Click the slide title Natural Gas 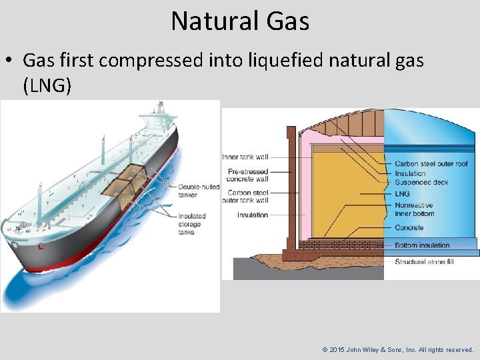tap(240, 21)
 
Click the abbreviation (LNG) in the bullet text tap(47, 85)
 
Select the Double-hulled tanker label tap(199, 191)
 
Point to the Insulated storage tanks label tap(192, 224)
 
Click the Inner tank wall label tap(245, 157)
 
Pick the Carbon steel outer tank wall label tap(248, 196)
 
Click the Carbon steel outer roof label tap(431, 164)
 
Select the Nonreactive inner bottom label tap(414, 209)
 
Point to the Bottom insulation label tap(423, 245)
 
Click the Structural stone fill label tap(424, 262)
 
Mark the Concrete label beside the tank tap(409, 228)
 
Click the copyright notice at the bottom tap(398, 349)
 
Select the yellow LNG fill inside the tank tap(347, 193)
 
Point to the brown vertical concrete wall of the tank tap(291, 187)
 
